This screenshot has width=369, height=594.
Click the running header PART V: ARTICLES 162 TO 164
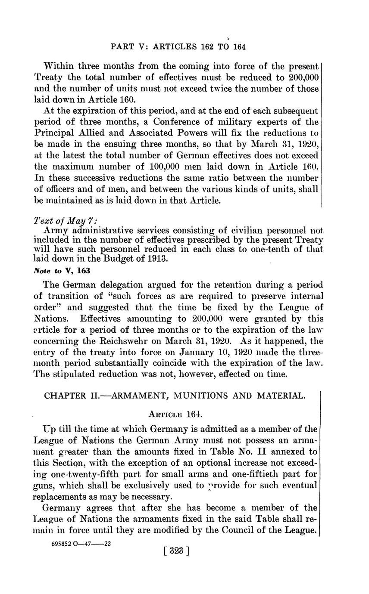pyautogui.click(x=178, y=46)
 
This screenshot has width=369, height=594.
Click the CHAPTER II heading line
pyautogui.click(x=175, y=396)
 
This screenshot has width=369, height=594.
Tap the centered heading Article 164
pyautogui.click(x=175, y=415)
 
